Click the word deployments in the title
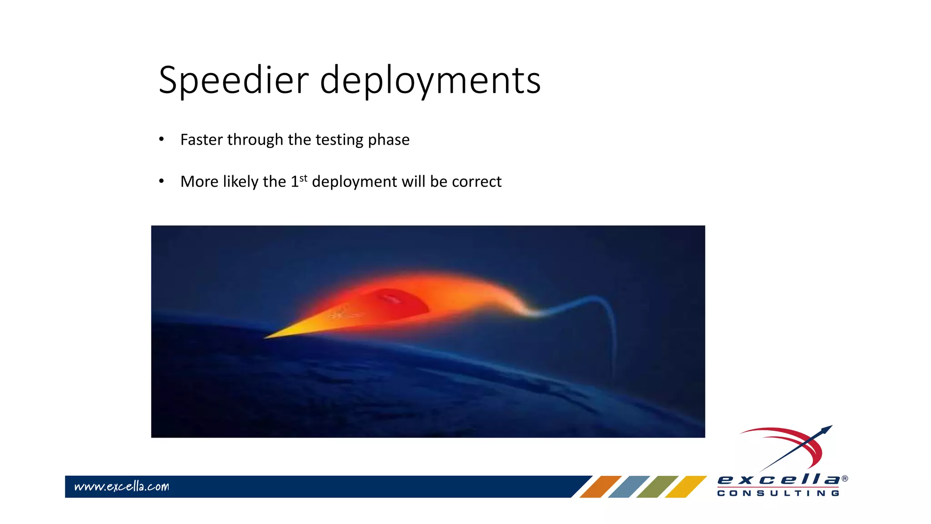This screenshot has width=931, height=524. (x=430, y=81)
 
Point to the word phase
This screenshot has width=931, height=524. (x=389, y=140)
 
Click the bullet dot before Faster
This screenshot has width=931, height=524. (x=161, y=139)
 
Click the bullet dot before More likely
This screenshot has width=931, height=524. (x=161, y=181)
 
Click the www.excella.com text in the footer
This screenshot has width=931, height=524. (x=121, y=486)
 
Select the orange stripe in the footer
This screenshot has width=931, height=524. (x=600, y=486)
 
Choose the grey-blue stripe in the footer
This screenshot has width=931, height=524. (x=629, y=486)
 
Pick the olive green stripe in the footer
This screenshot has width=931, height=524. (x=657, y=486)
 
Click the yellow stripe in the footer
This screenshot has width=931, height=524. (x=686, y=486)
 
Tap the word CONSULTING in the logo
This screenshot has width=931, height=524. (x=778, y=493)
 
